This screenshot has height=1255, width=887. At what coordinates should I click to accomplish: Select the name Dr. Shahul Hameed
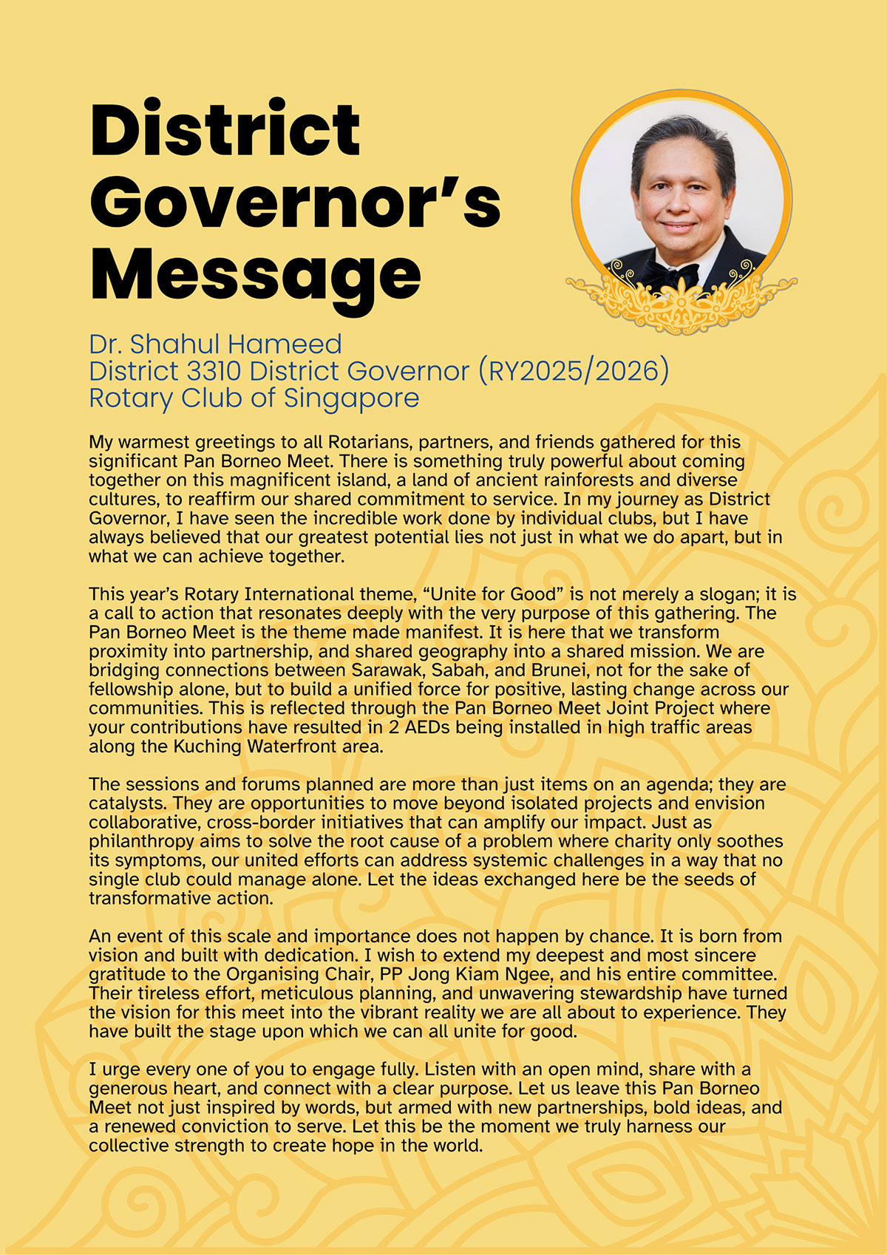pyautogui.click(x=215, y=344)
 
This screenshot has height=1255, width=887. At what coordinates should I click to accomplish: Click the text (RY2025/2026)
pyautogui.click(x=574, y=371)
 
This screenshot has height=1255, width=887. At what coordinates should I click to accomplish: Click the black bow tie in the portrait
pyautogui.click(x=669, y=275)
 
